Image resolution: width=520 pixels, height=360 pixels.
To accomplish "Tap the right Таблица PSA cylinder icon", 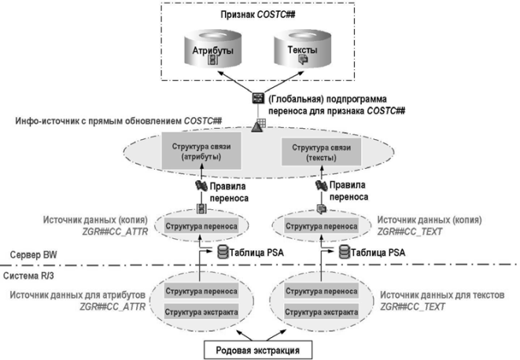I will (x=344, y=252).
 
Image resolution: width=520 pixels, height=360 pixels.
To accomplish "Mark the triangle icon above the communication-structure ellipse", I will (x=256, y=126).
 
